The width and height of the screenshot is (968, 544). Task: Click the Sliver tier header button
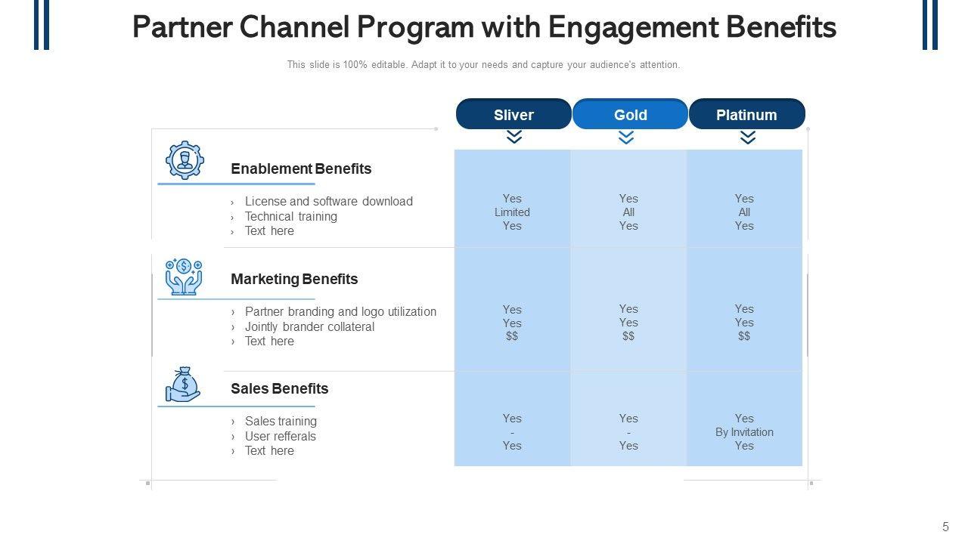[x=513, y=114]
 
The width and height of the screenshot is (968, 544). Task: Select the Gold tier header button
[x=630, y=114]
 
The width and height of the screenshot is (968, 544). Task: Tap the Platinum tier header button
[x=746, y=114]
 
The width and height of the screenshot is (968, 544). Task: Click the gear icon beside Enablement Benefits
[x=185, y=160]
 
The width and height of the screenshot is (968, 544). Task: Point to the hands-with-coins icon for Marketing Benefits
[x=184, y=277]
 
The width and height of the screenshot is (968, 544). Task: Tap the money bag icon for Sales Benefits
[x=183, y=385]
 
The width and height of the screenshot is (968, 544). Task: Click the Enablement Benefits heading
[x=301, y=168]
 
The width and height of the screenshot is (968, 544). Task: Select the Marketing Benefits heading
[x=294, y=279]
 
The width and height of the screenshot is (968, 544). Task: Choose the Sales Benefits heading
[x=279, y=388]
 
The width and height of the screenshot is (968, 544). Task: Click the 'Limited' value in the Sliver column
[x=512, y=212]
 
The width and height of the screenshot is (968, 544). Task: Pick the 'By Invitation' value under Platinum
[x=744, y=432]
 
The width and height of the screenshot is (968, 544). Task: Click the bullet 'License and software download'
[x=328, y=201]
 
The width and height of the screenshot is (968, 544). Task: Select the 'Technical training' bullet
[x=290, y=216]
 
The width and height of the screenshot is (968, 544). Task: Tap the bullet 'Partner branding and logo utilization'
[x=340, y=311]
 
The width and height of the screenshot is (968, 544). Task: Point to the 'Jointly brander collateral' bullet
[x=309, y=326]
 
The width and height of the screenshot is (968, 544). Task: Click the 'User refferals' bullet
[x=280, y=436]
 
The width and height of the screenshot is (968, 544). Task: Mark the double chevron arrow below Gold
[x=626, y=137]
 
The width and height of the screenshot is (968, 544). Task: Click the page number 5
[x=945, y=527]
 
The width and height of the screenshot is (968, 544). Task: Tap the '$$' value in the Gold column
[x=628, y=336]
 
